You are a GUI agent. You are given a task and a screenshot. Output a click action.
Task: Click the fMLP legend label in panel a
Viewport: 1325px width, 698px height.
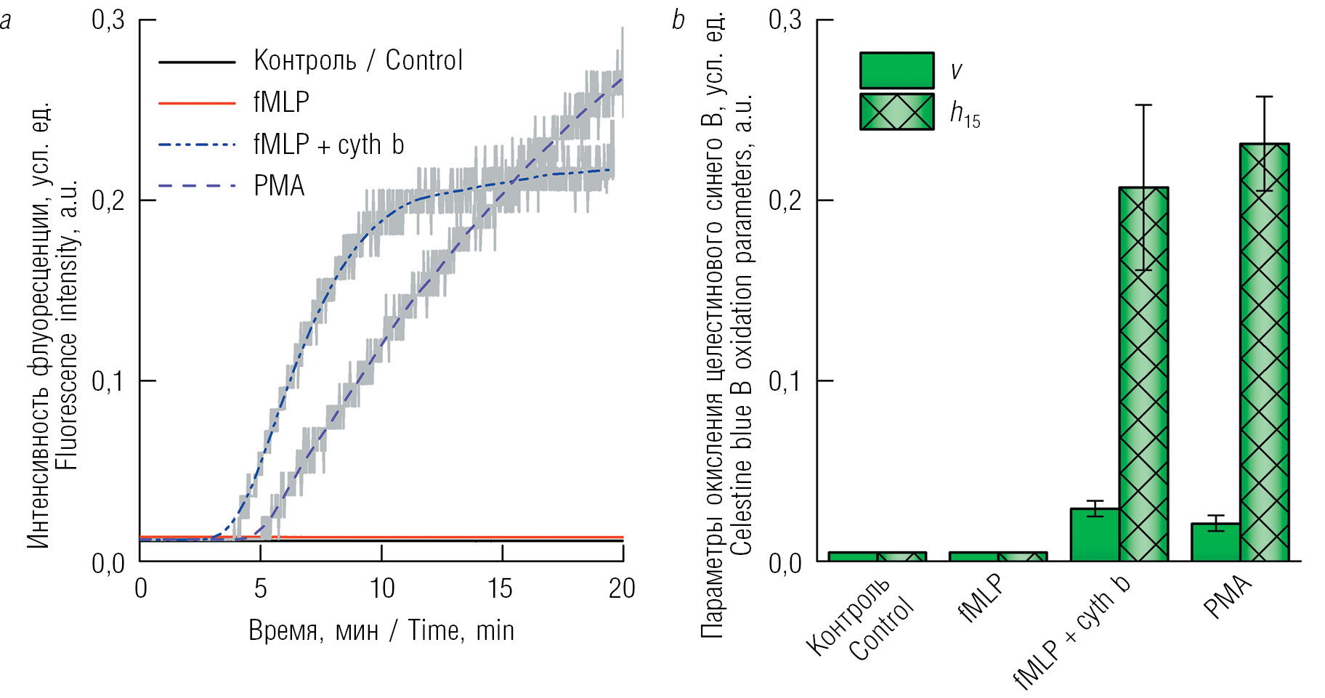[x=281, y=102]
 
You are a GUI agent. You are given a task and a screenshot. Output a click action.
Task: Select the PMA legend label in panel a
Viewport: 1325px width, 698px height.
[x=279, y=186]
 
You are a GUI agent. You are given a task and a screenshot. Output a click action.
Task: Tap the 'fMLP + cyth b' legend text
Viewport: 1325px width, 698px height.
[x=328, y=145]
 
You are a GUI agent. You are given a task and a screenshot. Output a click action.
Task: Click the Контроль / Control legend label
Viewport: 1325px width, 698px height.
[x=358, y=60]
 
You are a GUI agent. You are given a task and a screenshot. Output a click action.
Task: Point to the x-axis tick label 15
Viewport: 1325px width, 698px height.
[x=500, y=588]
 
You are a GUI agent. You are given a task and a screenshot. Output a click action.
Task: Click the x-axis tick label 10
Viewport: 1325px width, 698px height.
[x=382, y=588]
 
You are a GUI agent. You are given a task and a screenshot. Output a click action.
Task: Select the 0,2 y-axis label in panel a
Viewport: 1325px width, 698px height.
[x=108, y=200]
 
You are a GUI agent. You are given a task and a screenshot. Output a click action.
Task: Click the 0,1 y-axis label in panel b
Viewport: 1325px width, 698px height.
[x=785, y=381]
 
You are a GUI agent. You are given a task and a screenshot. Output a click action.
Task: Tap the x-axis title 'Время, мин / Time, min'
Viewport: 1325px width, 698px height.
[x=381, y=630]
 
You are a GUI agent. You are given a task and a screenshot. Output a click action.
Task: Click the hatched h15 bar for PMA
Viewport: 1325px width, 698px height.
[x=1265, y=352]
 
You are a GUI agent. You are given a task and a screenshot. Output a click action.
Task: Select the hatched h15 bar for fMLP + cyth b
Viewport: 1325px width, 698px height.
[x=1143, y=374]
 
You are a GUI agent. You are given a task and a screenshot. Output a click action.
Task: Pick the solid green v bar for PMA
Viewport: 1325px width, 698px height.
[x=1216, y=542]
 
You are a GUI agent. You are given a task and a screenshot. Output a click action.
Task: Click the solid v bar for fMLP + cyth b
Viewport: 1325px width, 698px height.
[x=1095, y=535]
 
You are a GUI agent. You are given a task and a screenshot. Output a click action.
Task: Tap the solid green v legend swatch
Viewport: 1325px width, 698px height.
[x=896, y=70]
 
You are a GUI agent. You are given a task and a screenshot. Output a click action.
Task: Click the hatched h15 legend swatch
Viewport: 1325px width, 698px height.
[x=896, y=112]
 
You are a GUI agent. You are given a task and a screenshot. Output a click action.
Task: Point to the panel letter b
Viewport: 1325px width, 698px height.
[x=678, y=20]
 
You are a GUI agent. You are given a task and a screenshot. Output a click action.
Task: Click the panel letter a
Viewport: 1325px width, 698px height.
[x=6, y=20]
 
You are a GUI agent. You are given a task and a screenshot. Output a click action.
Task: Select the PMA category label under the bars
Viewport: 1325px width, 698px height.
[x=1228, y=597]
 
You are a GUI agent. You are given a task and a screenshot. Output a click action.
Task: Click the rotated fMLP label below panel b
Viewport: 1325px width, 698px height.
[x=981, y=598]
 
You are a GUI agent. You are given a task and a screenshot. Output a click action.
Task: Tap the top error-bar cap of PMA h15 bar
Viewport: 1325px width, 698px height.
[x=1265, y=97]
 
